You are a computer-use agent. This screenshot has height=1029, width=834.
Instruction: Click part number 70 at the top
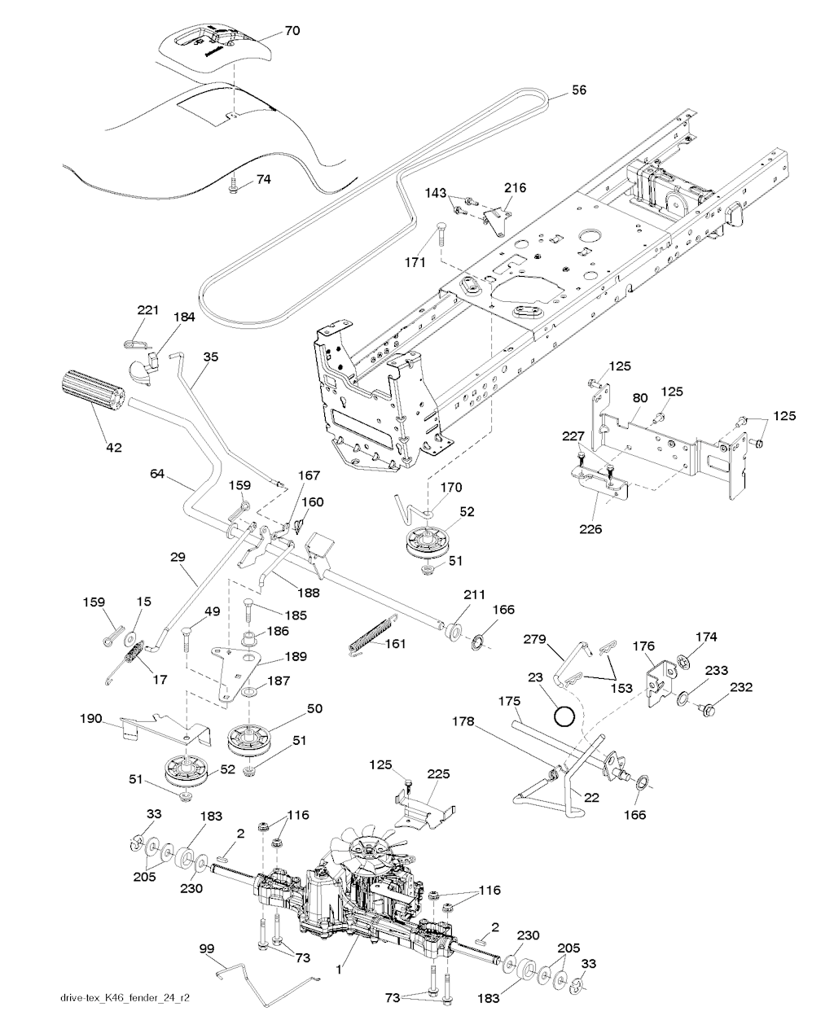pos(292,30)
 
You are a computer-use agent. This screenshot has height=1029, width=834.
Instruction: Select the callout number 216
pos(515,187)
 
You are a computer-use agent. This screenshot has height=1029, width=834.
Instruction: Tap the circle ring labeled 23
pos(564,716)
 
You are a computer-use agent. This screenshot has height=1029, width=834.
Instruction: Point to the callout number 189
pos(296,656)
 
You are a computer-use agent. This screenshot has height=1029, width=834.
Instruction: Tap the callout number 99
pos(207,948)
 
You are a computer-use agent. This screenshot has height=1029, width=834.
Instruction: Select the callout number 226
pos(590,529)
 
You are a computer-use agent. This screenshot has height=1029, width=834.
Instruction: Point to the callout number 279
pos(535,639)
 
